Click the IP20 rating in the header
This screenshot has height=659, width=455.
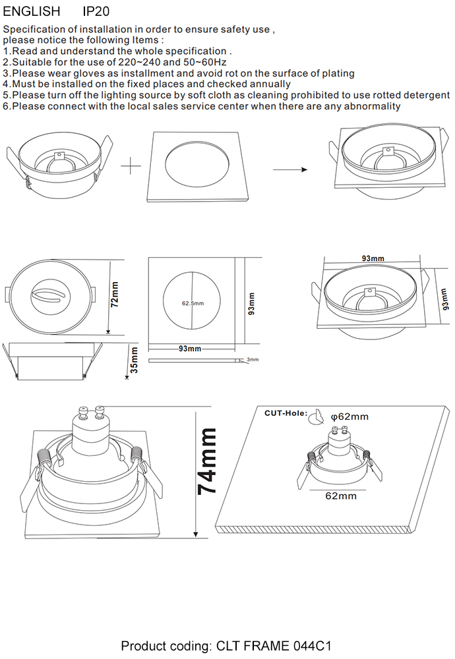96,12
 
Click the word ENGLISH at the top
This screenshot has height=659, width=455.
32,12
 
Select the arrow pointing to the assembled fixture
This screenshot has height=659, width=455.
290,170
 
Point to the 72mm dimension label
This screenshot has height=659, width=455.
115,295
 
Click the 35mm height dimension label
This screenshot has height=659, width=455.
134,360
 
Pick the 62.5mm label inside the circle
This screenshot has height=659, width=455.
193,303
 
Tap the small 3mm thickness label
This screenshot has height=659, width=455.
253,360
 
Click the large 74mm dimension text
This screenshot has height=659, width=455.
208,461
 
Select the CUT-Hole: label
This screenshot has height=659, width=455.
286,413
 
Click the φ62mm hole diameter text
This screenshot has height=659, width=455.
349,416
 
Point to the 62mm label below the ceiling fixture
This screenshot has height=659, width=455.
341,496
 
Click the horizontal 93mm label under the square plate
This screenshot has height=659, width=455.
190,349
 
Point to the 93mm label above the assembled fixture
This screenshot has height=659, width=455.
373,258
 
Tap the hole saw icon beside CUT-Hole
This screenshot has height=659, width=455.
317,415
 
